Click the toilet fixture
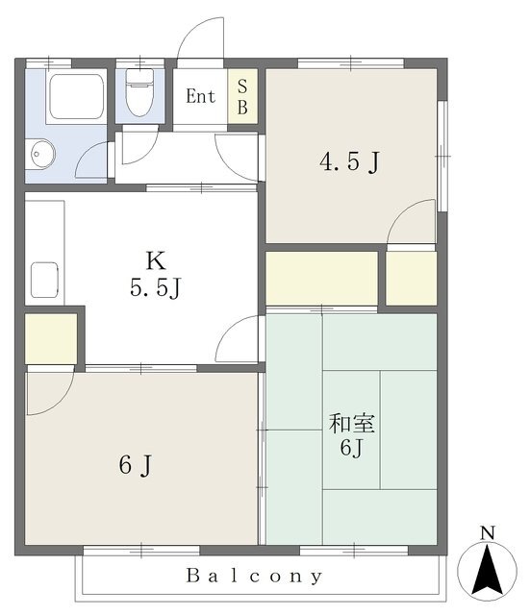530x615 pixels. (x=139, y=92)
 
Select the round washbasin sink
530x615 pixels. (x=40, y=154)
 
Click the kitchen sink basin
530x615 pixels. (x=44, y=280)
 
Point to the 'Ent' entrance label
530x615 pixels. (x=201, y=96)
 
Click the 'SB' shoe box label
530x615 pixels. (x=242, y=96)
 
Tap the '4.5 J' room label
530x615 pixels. (x=349, y=161)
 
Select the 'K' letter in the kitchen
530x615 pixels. (x=156, y=260)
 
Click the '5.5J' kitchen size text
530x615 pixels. (x=155, y=288)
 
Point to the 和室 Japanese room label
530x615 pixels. (x=352, y=424)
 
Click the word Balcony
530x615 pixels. (x=254, y=576)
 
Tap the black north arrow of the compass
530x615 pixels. (x=488, y=569)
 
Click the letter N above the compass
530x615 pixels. (x=488, y=532)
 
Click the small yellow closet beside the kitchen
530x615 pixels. (x=51, y=338)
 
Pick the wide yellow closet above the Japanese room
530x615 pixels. (x=322, y=278)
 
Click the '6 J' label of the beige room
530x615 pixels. (x=135, y=465)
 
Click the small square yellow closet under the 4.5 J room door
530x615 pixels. (x=411, y=278)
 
